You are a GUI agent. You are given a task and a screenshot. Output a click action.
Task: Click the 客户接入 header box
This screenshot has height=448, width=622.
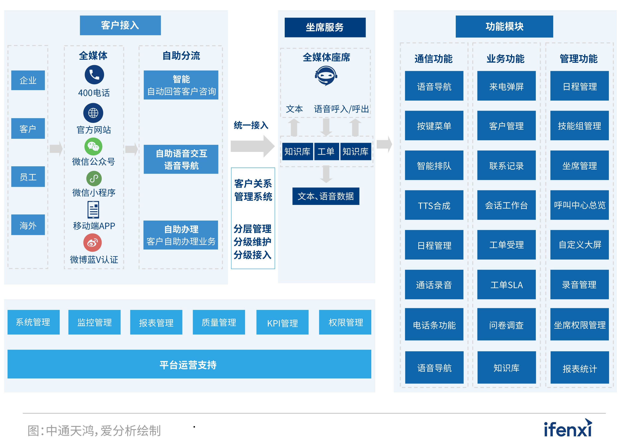click(x=120, y=25)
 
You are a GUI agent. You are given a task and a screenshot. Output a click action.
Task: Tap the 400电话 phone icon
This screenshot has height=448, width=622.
click(x=94, y=75)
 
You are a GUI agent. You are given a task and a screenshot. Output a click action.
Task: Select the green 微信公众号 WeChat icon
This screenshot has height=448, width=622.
click(x=93, y=146)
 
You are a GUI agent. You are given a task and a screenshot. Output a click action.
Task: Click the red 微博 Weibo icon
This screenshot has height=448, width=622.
click(x=92, y=242)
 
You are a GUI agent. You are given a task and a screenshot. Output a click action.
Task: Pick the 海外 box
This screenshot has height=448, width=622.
click(x=28, y=225)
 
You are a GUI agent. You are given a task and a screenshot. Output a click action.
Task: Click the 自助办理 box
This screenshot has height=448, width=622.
click(x=181, y=235)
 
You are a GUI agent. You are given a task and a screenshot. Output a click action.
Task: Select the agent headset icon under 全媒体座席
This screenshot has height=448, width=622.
click(x=326, y=76)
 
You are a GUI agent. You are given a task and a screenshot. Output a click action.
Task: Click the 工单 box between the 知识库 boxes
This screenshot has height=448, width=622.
click(x=326, y=151)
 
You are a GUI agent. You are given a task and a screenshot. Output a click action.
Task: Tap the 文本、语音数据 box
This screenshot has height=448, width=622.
click(x=326, y=196)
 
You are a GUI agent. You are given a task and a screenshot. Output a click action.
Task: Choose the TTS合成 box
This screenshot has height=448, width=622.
click(x=434, y=205)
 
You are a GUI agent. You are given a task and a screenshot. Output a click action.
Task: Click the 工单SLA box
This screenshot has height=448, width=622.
click(x=506, y=284)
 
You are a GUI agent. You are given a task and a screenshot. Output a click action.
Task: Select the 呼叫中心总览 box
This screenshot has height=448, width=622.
click(x=579, y=205)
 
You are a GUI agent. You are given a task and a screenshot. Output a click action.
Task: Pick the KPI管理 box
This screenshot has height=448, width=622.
click(x=282, y=322)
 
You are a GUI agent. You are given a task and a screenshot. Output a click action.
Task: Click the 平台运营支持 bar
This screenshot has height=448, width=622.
click(x=189, y=364)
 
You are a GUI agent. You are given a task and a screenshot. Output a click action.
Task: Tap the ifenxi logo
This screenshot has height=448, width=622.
click(x=568, y=428)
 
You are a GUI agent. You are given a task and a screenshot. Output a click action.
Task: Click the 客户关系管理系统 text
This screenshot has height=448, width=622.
click(x=253, y=190)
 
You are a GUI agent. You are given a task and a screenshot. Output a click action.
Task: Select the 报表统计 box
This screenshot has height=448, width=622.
click(x=579, y=368)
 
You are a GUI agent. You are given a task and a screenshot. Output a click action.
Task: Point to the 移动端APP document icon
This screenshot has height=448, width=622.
click(x=93, y=210)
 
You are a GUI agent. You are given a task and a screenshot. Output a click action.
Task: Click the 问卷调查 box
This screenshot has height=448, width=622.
click(x=506, y=324)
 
